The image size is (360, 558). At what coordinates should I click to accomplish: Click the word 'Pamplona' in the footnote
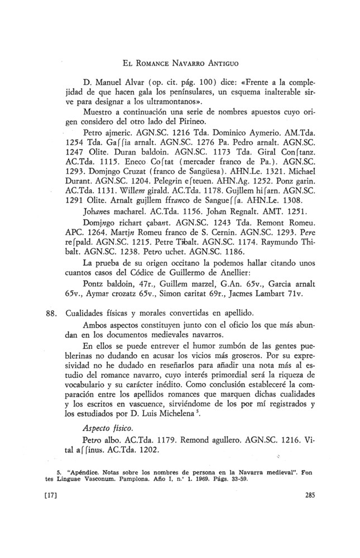tap(137, 478)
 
